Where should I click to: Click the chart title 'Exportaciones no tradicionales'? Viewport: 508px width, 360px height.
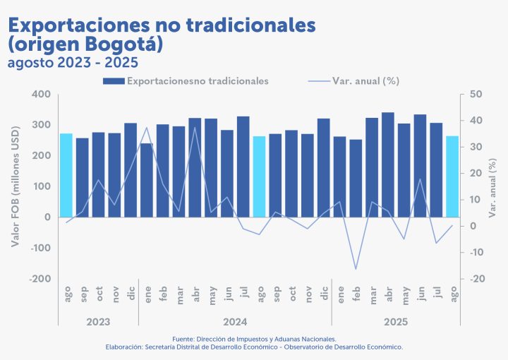[x=162, y=25]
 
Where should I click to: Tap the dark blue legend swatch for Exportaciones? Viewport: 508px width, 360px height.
[x=114, y=81]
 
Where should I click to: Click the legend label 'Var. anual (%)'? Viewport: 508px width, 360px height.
[x=365, y=81]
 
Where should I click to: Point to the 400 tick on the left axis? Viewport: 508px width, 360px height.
[x=41, y=95]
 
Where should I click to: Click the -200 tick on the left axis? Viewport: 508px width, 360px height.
[x=40, y=280]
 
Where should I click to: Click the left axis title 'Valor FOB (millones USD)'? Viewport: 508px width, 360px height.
[x=15, y=187]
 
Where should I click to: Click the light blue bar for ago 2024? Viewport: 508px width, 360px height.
[x=260, y=176]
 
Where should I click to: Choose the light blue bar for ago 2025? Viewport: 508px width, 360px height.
[x=452, y=176]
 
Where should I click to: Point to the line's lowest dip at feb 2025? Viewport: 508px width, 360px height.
[x=356, y=269]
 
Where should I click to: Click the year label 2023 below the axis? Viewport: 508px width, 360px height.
[x=98, y=322]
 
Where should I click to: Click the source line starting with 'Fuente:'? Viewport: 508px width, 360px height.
[x=254, y=339]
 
